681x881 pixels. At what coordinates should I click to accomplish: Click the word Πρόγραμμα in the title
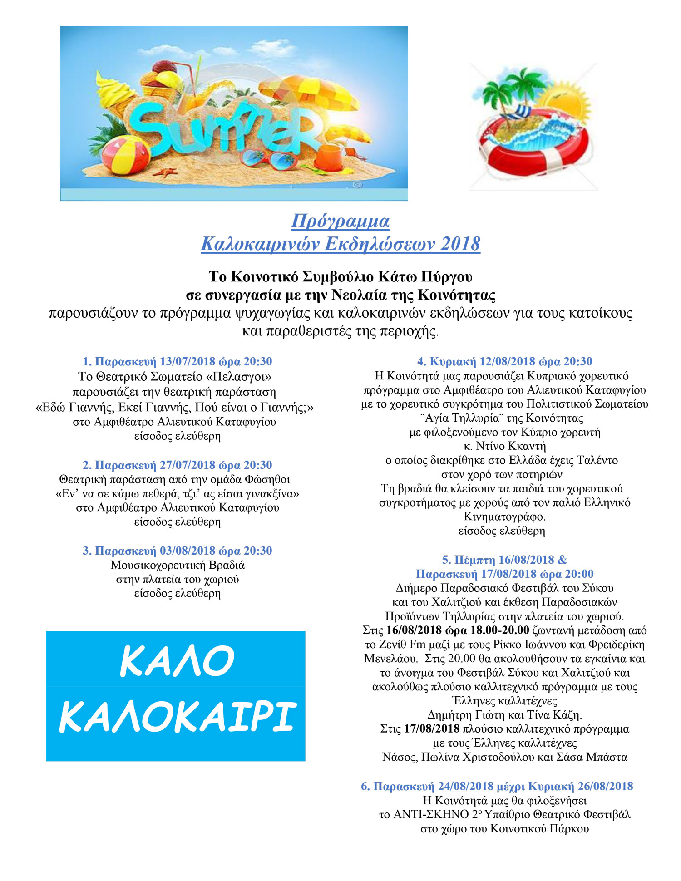pyautogui.click(x=340, y=221)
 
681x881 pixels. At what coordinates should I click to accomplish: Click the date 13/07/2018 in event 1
pyautogui.click(x=188, y=362)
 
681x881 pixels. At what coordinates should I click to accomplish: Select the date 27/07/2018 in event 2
pyautogui.click(x=188, y=465)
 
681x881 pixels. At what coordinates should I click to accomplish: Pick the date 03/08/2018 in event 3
pyautogui.click(x=188, y=551)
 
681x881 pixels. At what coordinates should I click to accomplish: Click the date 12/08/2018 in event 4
pyautogui.click(x=507, y=362)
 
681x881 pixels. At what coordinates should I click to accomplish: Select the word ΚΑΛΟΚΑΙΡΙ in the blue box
pyautogui.click(x=177, y=718)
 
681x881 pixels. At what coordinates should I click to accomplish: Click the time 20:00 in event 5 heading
pyautogui.click(x=579, y=574)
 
